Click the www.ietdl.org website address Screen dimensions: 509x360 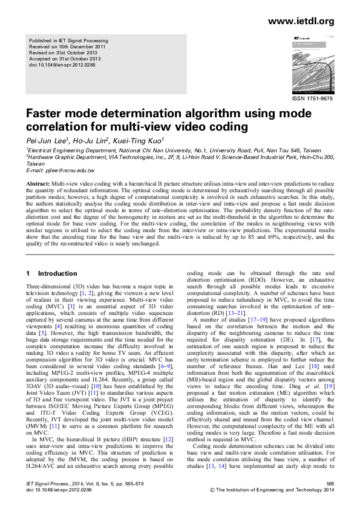(300, 22)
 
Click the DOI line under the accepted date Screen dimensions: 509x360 (57, 64)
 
